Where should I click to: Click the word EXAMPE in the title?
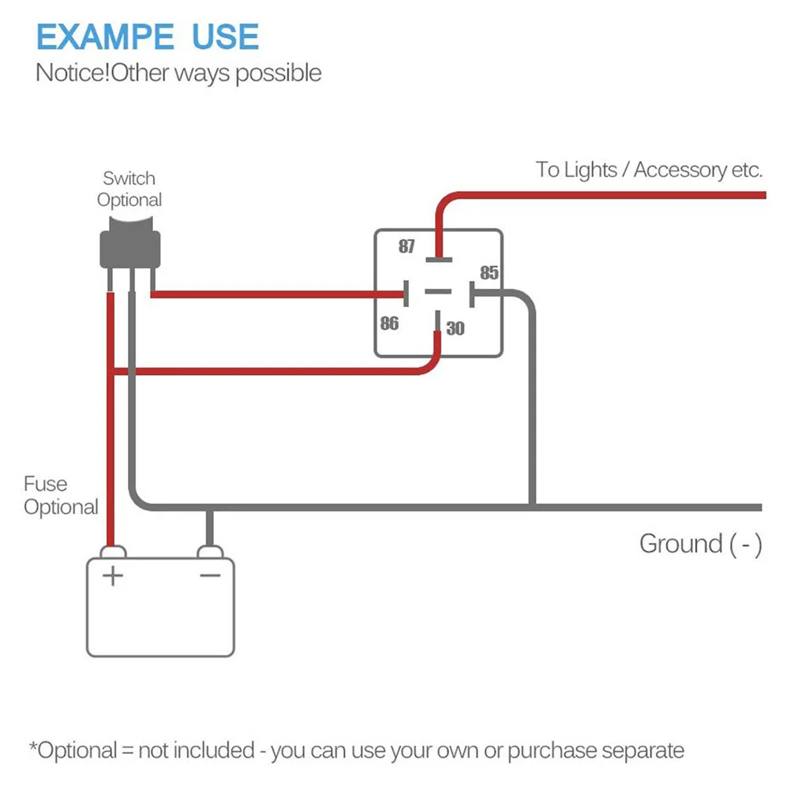point(105,37)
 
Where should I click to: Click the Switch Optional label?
point(129,189)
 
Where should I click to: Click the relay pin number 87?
point(406,246)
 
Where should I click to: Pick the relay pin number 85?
point(489,272)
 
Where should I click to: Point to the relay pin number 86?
point(389,324)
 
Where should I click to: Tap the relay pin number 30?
point(455,328)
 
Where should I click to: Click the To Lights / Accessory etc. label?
point(649,170)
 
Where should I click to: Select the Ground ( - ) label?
point(700,544)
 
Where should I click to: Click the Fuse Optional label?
point(61,496)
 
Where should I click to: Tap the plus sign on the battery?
point(114,576)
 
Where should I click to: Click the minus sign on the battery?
point(210,575)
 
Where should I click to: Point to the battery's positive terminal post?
point(113,550)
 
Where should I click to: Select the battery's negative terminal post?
point(210,550)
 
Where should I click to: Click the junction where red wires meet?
point(111,370)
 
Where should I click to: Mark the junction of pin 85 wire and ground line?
point(532,506)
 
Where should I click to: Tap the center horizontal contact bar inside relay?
point(436,292)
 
